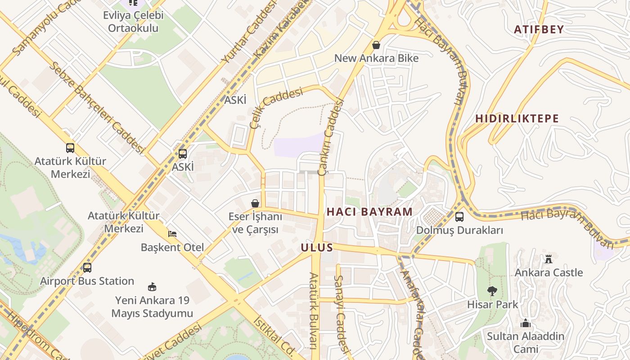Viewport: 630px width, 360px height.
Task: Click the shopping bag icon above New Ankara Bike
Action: click(x=376, y=45)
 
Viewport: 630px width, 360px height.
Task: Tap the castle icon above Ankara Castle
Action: click(x=548, y=259)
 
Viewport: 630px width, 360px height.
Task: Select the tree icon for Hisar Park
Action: click(x=492, y=291)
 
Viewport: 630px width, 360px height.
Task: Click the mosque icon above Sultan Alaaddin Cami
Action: click(x=525, y=323)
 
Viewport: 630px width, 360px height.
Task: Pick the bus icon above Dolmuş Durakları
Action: click(x=459, y=217)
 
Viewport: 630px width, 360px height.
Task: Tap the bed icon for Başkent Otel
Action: click(x=172, y=234)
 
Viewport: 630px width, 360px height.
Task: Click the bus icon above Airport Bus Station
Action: click(x=87, y=268)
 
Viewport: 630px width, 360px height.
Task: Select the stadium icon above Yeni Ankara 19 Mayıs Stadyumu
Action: click(x=152, y=287)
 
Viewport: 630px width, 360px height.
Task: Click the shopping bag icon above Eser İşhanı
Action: click(x=255, y=203)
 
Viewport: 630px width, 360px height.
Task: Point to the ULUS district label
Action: click(x=317, y=247)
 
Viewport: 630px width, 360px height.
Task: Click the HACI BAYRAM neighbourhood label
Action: click(x=369, y=211)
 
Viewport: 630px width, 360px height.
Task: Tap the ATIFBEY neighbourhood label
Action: click(x=539, y=30)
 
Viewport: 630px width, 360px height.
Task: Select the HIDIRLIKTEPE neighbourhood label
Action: click(x=517, y=119)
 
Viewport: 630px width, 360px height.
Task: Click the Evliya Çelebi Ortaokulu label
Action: click(x=133, y=22)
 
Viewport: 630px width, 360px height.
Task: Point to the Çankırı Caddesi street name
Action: click(x=331, y=137)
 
